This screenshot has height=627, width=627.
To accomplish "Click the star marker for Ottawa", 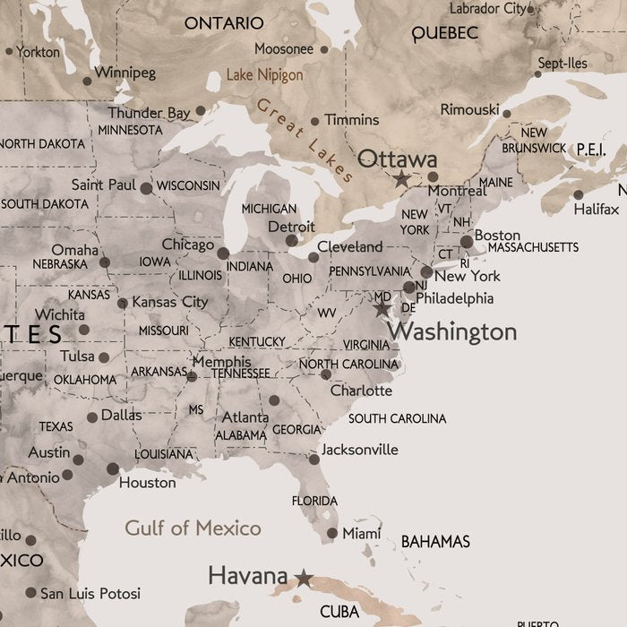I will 402,179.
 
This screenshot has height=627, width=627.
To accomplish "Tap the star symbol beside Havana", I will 305,578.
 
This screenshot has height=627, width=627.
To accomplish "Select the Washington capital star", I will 382,309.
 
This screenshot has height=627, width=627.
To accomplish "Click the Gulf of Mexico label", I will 193,528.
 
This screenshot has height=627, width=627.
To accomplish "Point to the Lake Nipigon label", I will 264,75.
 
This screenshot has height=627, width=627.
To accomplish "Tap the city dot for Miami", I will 332,533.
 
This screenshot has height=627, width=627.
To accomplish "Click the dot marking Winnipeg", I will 87,81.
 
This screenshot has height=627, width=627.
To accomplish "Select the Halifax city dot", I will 579,194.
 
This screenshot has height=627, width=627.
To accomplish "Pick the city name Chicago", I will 188,245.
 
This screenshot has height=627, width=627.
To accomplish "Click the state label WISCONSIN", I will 188,185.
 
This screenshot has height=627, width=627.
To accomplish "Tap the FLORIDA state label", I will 314,501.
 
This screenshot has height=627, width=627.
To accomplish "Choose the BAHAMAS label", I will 435,542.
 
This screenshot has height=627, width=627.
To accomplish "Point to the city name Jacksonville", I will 359,450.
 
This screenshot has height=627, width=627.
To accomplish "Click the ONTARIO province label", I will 224,22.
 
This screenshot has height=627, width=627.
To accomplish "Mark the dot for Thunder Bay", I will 201,111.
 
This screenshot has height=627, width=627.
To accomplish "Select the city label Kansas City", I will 170,302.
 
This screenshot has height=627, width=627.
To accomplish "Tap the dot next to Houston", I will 113,468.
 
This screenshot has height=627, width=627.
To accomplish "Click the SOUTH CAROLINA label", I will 397,418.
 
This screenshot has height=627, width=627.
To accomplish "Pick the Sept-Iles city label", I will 562,64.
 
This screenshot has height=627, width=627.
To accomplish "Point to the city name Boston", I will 497,236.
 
